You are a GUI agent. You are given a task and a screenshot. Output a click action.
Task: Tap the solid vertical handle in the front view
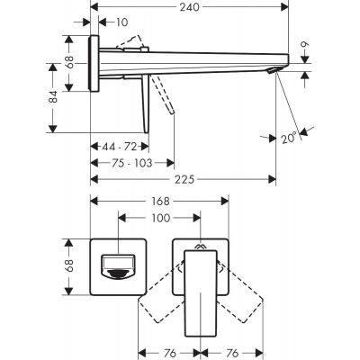(201, 292)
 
